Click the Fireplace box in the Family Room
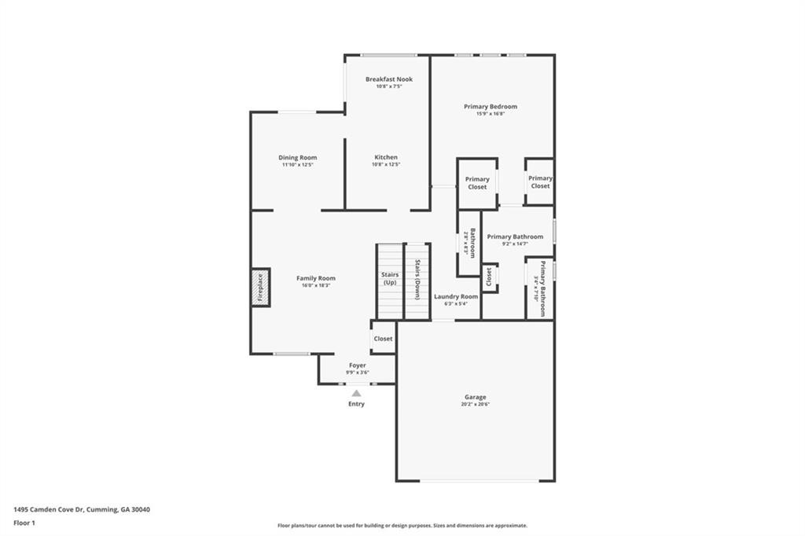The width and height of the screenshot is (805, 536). pyautogui.click(x=261, y=287)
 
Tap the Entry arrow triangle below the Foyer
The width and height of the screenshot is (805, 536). pyautogui.click(x=356, y=393)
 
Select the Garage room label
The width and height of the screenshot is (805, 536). pyautogui.click(x=474, y=398)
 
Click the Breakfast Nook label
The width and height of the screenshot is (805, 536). pyautogui.click(x=388, y=79)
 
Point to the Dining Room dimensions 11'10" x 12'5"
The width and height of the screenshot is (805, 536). pyautogui.click(x=297, y=165)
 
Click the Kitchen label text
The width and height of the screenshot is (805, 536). pyautogui.click(x=385, y=157)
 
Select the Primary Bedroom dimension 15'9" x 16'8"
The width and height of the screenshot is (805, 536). pyautogui.click(x=490, y=114)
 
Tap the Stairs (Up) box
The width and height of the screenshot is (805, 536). pyautogui.click(x=390, y=279)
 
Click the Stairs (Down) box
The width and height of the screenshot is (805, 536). pyautogui.click(x=417, y=279)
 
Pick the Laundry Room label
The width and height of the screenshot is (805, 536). pyautogui.click(x=456, y=296)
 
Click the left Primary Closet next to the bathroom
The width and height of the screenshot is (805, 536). pyautogui.click(x=477, y=183)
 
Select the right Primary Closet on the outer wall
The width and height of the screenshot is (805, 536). pyautogui.click(x=539, y=182)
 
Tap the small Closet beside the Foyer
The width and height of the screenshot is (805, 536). pyautogui.click(x=383, y=339)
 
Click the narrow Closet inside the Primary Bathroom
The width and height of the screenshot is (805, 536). pyautogui.click(x=489, y=277)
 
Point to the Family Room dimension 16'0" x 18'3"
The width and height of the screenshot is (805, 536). pyautogui.click(x=315, y=285)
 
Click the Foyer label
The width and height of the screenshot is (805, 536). pyautogui.click(x=357, y=365)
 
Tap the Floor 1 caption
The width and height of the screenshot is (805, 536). pyautogui.click(x=25, y=522)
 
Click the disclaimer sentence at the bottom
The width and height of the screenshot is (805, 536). pyautogui.click(x=402, y=526)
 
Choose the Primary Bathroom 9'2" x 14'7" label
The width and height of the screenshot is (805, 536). pyautogui.click(x=515, y=237)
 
